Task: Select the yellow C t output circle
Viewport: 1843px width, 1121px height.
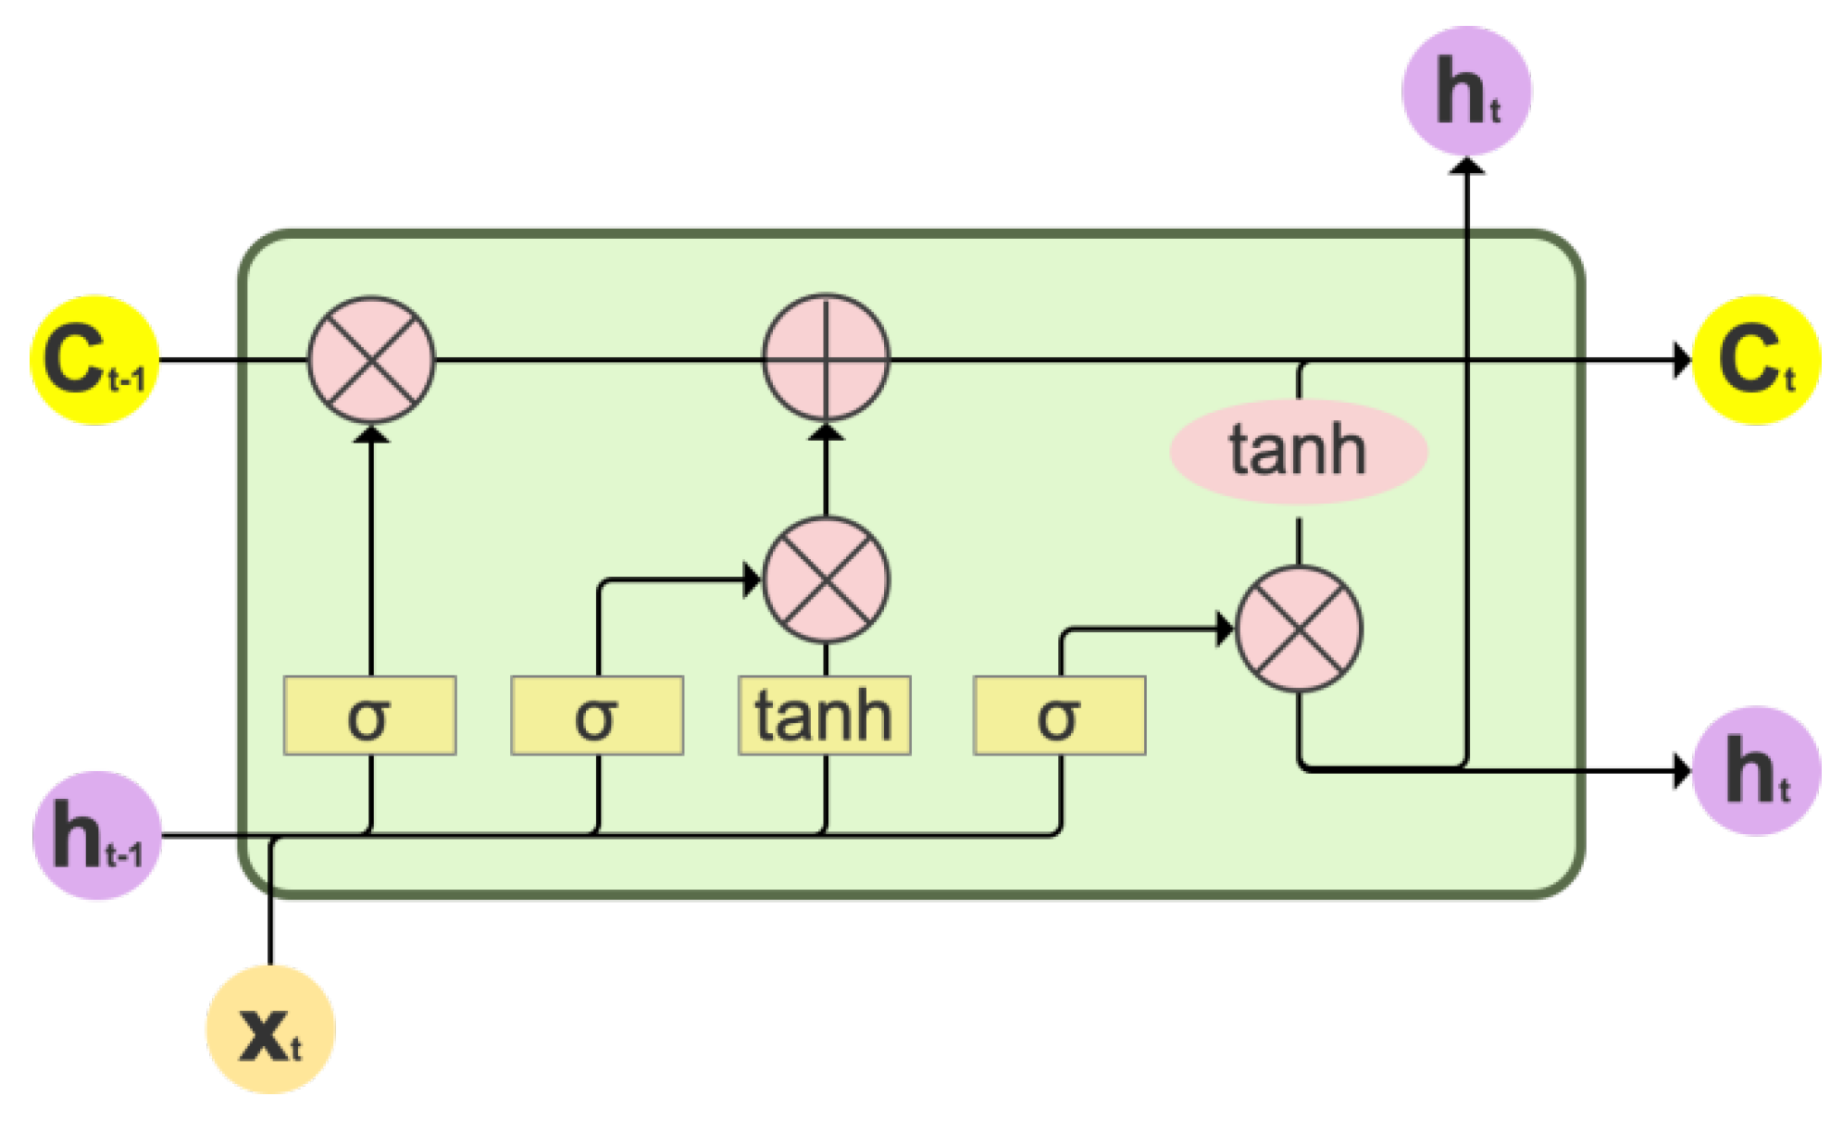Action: (1756, 360)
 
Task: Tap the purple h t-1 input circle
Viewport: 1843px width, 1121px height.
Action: (97, 835)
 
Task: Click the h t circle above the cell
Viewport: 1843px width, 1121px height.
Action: (1466, 91)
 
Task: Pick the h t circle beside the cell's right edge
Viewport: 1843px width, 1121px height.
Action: (1756, 770)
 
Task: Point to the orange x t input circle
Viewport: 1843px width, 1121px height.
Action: (270, 1029)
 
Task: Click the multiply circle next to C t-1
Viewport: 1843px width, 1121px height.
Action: (370, 360)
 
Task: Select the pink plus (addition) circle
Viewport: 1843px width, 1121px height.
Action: (826, 358)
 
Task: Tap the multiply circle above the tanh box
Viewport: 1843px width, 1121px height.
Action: (826, 580)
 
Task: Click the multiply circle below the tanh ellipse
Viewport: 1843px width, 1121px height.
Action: (1300, 629)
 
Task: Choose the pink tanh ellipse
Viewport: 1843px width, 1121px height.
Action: (1299, 452)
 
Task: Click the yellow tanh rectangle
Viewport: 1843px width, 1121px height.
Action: (824, 716)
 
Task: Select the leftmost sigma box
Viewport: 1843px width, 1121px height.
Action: (369, 716)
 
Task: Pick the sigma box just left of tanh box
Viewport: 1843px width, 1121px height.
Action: (597, 716)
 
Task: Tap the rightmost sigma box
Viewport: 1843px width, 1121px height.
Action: (1059, 716)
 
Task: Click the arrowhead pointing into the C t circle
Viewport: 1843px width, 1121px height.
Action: (1682, 360)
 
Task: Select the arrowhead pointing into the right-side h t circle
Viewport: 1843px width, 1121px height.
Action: (1682, 770)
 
